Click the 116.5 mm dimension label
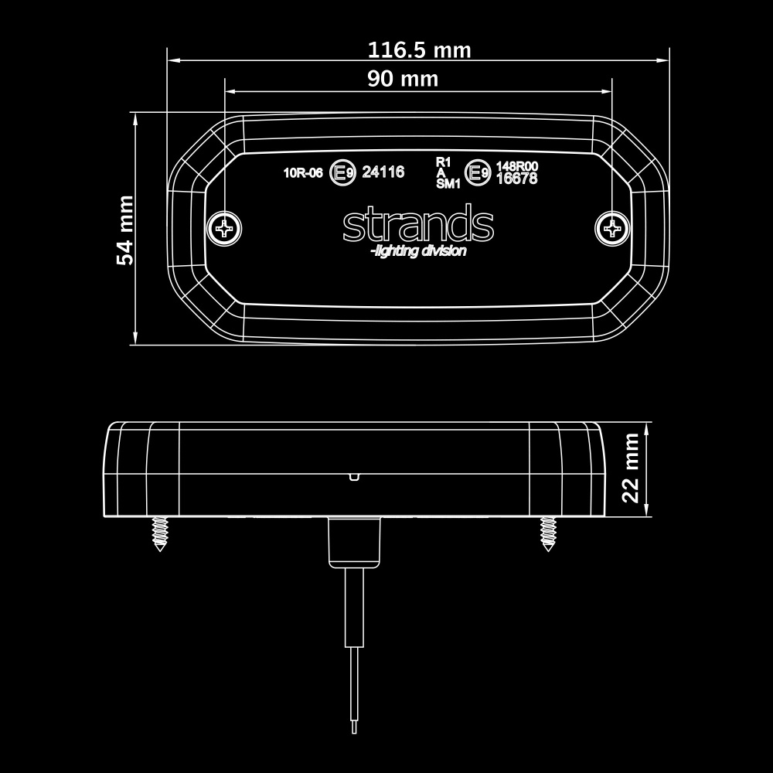coord(419,51)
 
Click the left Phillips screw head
coord(225,227)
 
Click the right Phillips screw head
coord(612,227)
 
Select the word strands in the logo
coord(418,225)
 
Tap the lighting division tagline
coord(418,252)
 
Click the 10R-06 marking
coord(303,173)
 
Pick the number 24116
coord(383,172)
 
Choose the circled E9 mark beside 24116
coord(342,173)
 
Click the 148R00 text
coord(516,166)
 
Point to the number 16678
coord(516,179)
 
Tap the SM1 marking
coord(448,184)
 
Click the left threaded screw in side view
coord(160,533)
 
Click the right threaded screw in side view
coord(548,533)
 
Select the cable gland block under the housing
coord(355,542)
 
